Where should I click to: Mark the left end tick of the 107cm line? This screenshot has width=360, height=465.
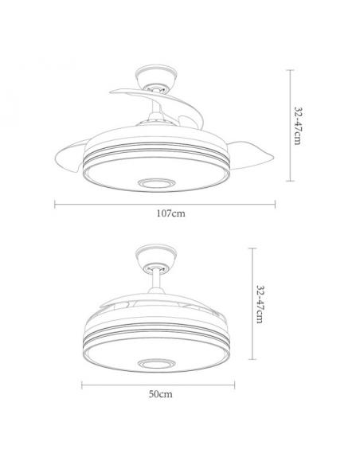[54, 203]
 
